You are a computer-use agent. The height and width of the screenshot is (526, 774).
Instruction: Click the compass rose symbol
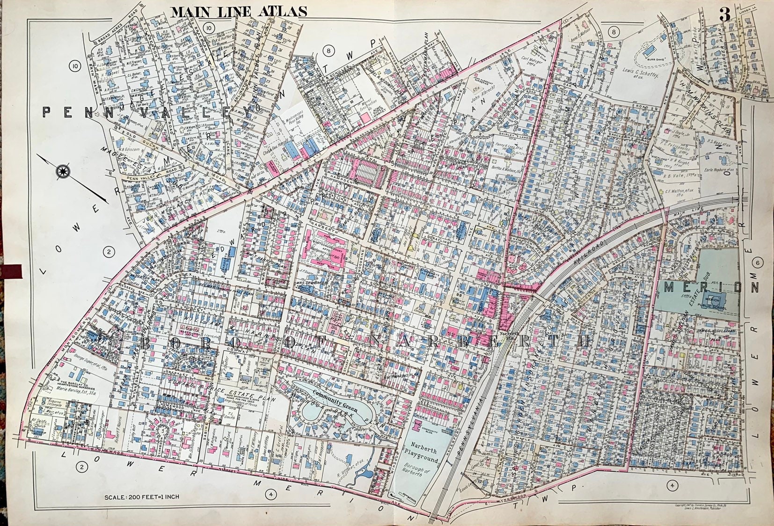62,171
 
